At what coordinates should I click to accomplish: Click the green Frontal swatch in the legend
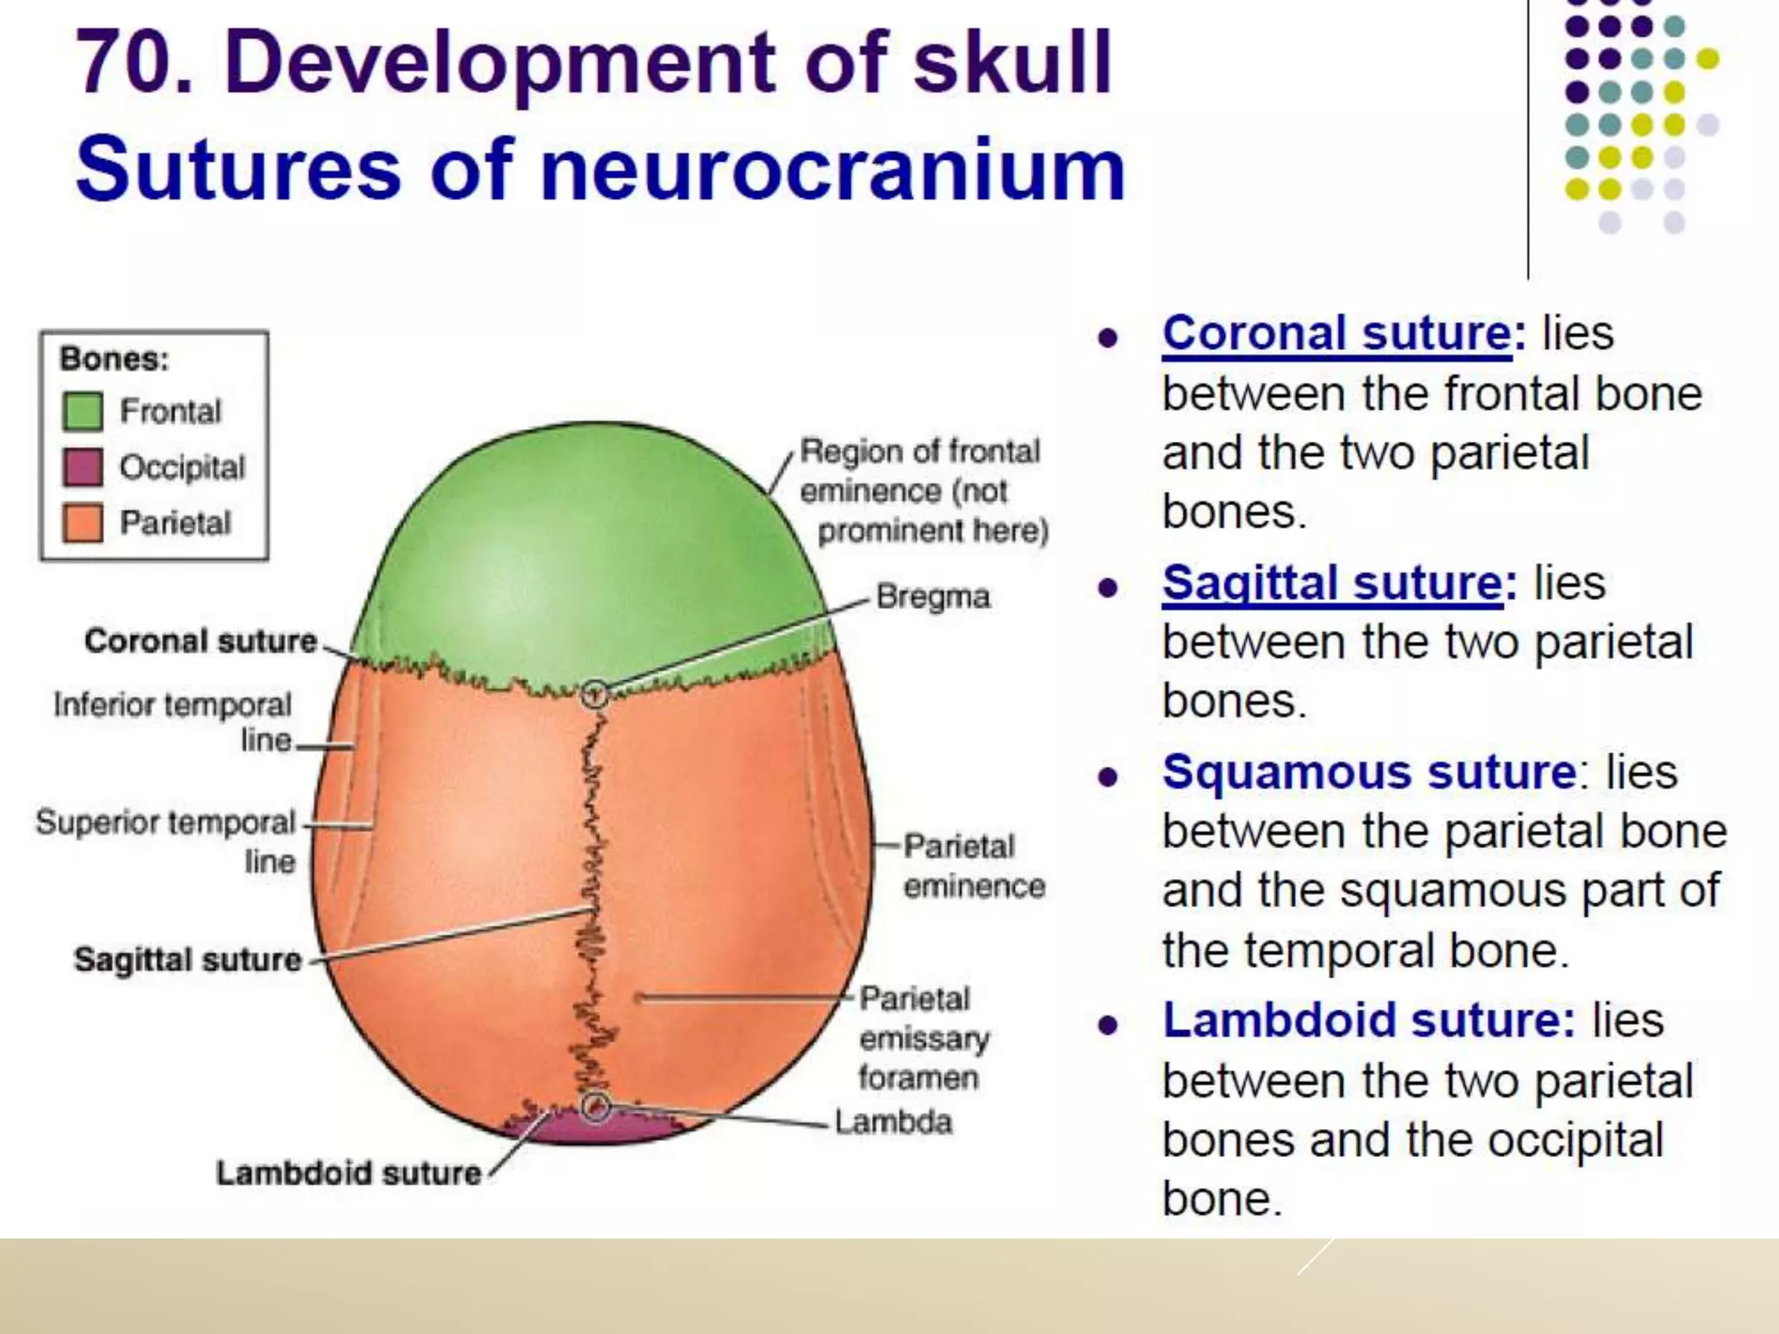[x=83, y=411]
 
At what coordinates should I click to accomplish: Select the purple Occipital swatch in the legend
[x=83, y=467]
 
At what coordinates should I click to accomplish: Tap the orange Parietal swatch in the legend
[x=83, y=523]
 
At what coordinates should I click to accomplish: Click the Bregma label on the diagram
[x=933, y=597]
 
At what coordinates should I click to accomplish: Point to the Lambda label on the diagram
[x=893, y=1122]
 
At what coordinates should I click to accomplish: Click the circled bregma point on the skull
[x=594, y=694]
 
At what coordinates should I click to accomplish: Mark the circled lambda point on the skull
[x=596, y=1106]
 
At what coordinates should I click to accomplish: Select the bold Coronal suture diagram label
[x=201, y=641]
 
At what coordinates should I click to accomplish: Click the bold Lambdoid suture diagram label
[x=348, y=1173]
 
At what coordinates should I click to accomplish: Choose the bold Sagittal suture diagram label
[x=188, y=960]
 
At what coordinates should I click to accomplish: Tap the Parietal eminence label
[x=973, y=866]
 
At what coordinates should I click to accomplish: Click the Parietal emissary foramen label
[x=923, y=1039]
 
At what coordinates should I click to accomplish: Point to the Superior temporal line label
[x=165, y=841]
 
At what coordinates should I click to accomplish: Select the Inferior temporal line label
[x=172, y=722]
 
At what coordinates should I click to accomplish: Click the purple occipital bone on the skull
[x=599, y=1129]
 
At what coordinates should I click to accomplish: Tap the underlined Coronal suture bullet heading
[x=1338, y=333]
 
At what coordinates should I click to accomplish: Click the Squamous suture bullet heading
[x=1369, y=772]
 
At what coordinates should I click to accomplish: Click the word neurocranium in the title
[x=832, y=169]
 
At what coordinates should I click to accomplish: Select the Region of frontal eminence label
[x=923, y=491]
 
